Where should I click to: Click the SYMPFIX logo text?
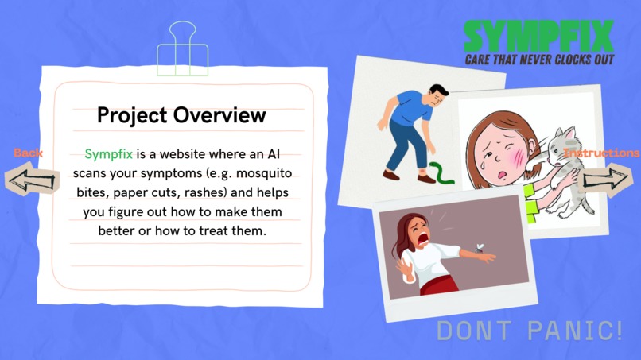539,36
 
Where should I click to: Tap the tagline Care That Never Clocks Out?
539,60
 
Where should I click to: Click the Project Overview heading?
181,115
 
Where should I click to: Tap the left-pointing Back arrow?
32,179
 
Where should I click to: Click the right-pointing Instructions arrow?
607,178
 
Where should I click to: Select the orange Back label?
28,153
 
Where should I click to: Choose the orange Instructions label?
601,153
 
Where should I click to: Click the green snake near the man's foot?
440,173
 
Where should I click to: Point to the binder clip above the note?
182,49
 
